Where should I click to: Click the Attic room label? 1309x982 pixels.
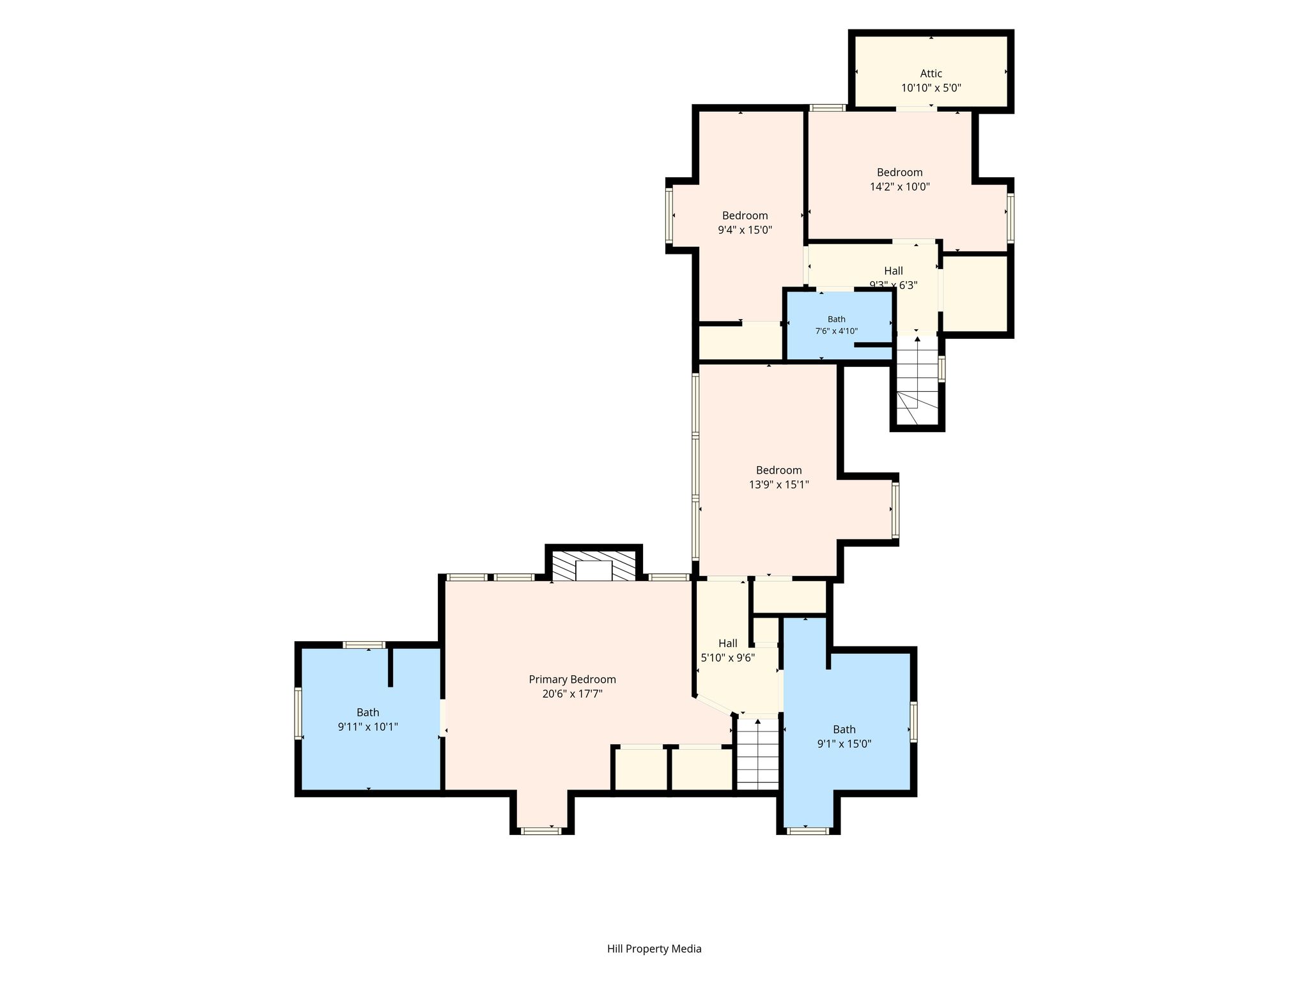[931, 74]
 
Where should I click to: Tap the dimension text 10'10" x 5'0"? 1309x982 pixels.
[931, 88]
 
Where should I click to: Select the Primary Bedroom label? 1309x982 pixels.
[572, 679]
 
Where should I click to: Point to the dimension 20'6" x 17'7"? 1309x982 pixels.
[572, 694]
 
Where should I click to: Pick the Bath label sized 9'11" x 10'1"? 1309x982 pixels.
[368, 712]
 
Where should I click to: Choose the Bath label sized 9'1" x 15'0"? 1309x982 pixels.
[844, 729]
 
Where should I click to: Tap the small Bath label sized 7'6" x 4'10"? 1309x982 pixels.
[836, 319]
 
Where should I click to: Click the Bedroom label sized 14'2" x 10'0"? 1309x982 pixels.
[899, 173]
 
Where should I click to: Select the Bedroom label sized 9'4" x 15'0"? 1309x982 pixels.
[745, 216]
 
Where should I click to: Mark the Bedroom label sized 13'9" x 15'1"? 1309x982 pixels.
[778, 471]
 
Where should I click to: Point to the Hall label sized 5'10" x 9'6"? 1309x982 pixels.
[727, 643]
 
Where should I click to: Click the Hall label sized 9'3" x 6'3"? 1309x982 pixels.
[894, 271]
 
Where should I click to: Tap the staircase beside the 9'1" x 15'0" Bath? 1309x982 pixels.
[758, 754]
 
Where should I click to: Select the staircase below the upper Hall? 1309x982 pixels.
[917, 380]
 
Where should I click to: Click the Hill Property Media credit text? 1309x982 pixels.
[654, 949]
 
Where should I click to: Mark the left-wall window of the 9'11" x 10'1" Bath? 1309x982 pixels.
[298, 713]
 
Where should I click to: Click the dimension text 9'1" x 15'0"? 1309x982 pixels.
[844, 744]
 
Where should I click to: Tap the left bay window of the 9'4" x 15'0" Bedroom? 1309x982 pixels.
[669, 215]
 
